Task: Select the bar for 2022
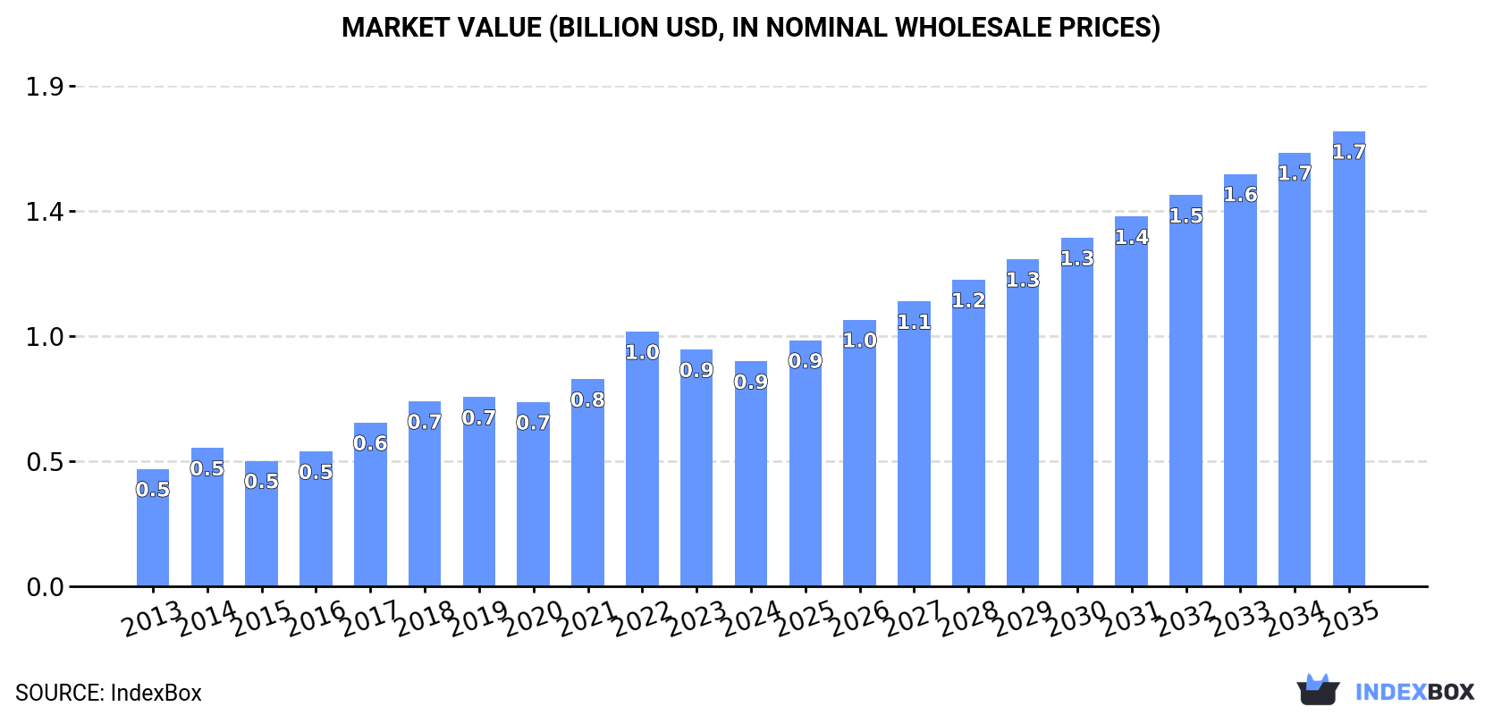[642, 459]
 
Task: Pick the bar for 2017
[370, 505]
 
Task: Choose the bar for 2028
[968, 433]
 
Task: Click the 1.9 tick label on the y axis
[45, 87]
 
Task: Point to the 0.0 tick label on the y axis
[45, 587]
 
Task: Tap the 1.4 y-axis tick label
[45, 212]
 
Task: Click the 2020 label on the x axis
[533, 618]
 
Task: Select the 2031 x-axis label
[1131, 618]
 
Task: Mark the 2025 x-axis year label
[805, 618]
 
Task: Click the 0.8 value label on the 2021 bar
[587, 400]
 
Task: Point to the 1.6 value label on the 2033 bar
[1240, 195]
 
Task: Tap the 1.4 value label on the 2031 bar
[1131, 238]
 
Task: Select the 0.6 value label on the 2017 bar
[370, 443]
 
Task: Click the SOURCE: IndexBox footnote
[108, 693]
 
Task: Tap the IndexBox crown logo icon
[1318, 690]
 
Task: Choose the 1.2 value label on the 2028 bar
[968, 301]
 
